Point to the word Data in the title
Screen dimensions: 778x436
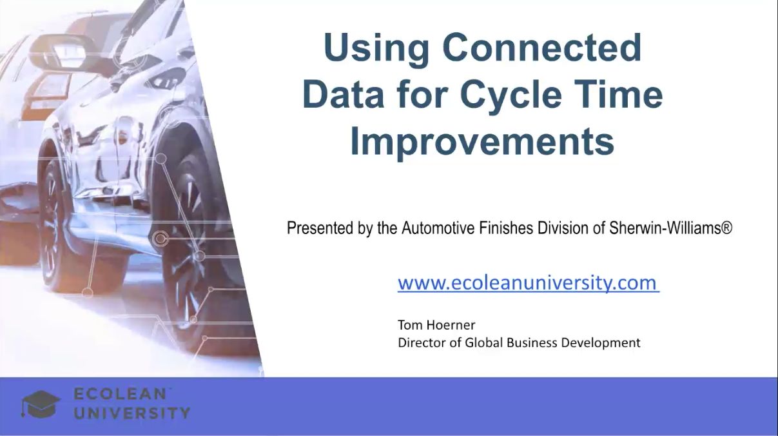343,95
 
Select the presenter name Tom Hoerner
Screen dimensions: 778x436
436,325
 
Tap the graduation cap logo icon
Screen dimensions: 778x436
41,404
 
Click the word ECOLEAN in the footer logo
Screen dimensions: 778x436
120,394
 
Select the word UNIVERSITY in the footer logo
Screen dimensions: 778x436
132,413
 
